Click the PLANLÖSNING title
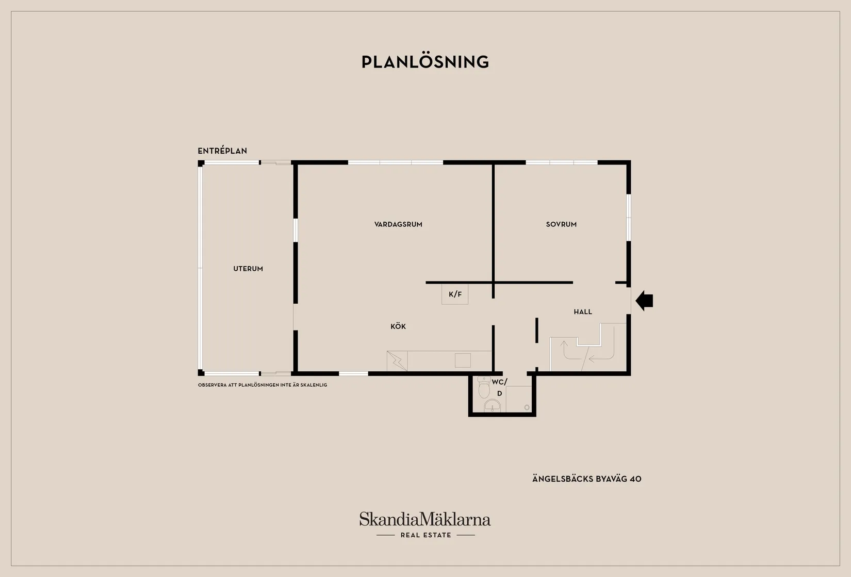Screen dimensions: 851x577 (x=425, y=61)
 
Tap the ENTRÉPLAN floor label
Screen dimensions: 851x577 (x=222, y=151)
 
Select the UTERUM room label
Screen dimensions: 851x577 (x=248, y=269)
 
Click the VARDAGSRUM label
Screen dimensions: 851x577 (x=398, y=224)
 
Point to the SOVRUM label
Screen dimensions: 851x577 (x=561, y=224)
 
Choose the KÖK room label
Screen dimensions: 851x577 (x=398, y=326)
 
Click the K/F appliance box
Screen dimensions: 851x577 (x=455, y=294)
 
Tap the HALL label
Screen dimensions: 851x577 (x=583, y=312)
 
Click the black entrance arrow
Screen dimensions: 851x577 (x=644, y=301)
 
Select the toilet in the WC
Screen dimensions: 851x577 (x=484, y=387)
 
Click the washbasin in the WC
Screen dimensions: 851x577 (x=493, y=406)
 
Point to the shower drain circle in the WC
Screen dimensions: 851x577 (x=527, y=407)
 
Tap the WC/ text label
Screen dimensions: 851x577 (x=500, y=382)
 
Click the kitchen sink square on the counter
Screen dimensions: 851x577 (x=463, y=360)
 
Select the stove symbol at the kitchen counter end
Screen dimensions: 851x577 (x=397, y=361)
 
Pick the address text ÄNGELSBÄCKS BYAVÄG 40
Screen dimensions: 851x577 (x=586, y=479)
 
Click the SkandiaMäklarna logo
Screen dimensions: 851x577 (x=425, y=519)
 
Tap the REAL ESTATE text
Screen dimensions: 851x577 (x=426, y=535)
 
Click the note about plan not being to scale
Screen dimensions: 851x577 (x=263, y=385)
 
